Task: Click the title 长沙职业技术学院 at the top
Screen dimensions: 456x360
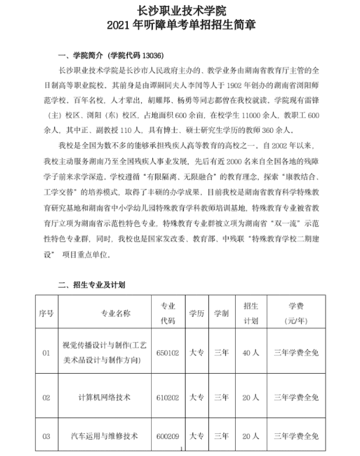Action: tap(180, 10)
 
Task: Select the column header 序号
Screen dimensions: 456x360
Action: tap(47, 313)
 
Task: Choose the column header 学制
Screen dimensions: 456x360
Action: tap(221, 313)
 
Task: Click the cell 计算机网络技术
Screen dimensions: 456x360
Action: tap(104, 397)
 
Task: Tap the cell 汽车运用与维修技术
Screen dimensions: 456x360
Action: tap(104, 436)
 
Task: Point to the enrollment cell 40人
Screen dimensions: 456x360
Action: tap(250, 352)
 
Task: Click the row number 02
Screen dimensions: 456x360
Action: tap(47, 397)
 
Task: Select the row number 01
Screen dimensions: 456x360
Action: tap(47, 352)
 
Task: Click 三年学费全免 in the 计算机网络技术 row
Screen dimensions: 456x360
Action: tap(296, 397)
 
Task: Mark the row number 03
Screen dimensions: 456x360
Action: tap(47, 436)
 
